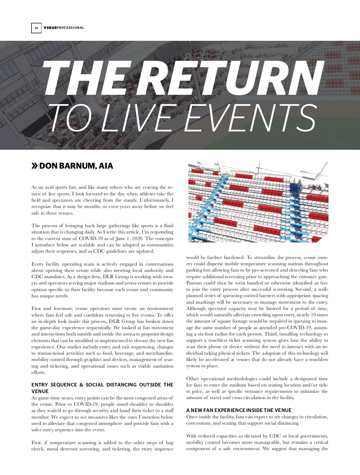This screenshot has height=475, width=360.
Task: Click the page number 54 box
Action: click(x=36, y=28)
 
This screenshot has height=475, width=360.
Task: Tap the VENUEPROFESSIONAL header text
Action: click(x=64, y=28)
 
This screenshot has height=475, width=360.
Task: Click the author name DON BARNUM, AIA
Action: click(x=76, y=166)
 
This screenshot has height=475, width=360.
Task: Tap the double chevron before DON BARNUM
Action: click(x=35, y=166)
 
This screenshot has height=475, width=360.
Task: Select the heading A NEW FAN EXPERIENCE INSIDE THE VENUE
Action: click(x=239, y=410)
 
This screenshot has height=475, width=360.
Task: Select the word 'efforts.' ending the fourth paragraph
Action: click(x=38, y=372)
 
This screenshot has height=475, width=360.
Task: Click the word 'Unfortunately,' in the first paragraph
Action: click(x=156, y=200)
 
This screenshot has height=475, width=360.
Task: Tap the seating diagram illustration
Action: click(x=258, y=202)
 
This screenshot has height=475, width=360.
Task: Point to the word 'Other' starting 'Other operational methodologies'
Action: click(x=192, y=379)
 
